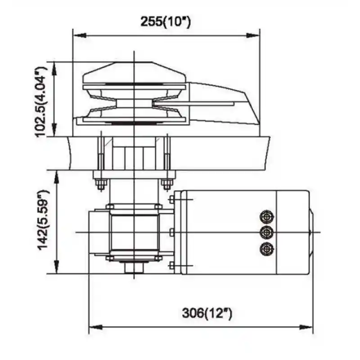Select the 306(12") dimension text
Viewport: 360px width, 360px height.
207,313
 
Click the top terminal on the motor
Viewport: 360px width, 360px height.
266,217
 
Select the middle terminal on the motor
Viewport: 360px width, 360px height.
266,232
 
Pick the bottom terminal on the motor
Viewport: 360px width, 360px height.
266,248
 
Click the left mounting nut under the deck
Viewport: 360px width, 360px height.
100,184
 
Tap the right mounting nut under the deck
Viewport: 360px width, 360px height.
167,184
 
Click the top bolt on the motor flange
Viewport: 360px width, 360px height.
171,200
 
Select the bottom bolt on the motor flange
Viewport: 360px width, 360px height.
171,266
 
